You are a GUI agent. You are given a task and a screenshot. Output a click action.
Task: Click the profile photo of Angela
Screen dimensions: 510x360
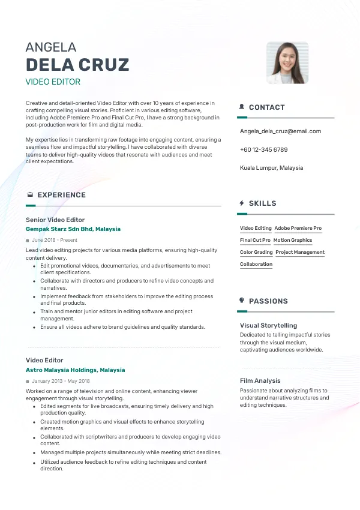pos(287,62)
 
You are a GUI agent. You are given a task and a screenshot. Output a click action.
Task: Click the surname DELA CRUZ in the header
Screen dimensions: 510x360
pos(77,65)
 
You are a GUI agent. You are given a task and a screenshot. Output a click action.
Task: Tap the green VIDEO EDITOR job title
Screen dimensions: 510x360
pos(53,82)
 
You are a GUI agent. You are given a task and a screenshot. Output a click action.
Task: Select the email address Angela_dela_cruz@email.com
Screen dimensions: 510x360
pos(280,131)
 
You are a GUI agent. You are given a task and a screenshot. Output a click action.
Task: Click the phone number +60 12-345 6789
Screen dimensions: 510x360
pos(263,149)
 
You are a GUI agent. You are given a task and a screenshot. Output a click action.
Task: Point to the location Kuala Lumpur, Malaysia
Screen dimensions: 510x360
pos(271,168)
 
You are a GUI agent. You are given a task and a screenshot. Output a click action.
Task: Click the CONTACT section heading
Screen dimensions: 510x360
pos(266,107)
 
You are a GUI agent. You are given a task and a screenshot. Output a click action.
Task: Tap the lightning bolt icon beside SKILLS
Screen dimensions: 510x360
pos(242,203)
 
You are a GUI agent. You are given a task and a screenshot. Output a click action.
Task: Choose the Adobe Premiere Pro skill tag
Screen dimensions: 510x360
pos(298,229)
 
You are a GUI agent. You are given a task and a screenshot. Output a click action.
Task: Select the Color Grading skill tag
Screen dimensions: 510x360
pos(256,253)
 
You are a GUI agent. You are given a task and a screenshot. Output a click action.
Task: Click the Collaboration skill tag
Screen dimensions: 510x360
pos(256,265)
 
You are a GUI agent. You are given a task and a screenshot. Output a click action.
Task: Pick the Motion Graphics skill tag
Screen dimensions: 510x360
pos(293,241)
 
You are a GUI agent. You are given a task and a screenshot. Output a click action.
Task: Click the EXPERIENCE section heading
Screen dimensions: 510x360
pos(61,195)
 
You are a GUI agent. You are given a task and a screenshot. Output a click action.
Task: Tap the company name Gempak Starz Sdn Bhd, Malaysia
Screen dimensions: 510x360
pos(73,229)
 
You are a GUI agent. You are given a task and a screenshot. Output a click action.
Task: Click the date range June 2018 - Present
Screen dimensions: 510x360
pos(55,240)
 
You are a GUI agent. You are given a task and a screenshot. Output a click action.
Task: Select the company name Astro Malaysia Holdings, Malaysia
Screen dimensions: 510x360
pos(76,370)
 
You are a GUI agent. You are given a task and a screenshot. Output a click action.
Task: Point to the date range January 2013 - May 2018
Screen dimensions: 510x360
pos(61,381)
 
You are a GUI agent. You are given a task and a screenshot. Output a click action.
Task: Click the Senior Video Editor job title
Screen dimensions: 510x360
pos(55,220)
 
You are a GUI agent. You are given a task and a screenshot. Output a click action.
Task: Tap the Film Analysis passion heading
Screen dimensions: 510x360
pos(260,380)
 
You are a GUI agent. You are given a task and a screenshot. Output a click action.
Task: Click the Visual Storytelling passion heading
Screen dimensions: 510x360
pos(268,326)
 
